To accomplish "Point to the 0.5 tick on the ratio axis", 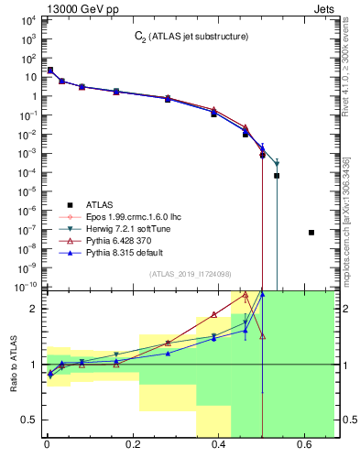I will pos(29,420).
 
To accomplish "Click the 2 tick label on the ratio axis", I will pos(34,309).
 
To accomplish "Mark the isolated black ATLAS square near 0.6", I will pos(311,233).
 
